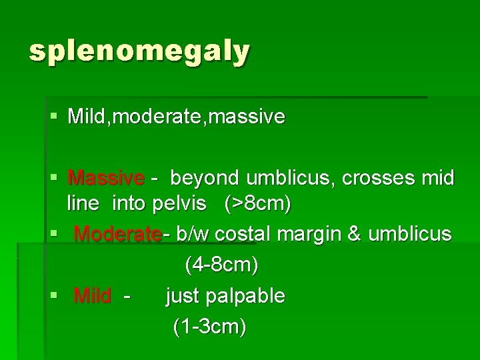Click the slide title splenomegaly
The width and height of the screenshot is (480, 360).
(139, 51)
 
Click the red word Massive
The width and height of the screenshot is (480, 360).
(106, 179)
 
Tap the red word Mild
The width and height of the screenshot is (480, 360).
(93, 295)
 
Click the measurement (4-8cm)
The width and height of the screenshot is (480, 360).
(221, 265)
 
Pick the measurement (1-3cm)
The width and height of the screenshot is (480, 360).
(209, 327)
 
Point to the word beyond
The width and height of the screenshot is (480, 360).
(205, 179)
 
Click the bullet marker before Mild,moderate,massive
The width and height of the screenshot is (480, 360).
(54, 117)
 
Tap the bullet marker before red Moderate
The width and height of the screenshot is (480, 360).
(54, 234)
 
